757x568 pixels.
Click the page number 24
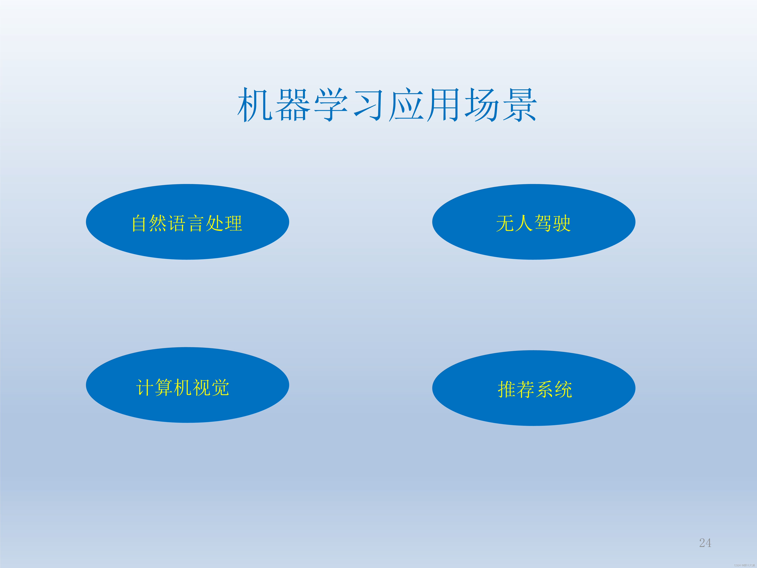[x=705, y=543]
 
